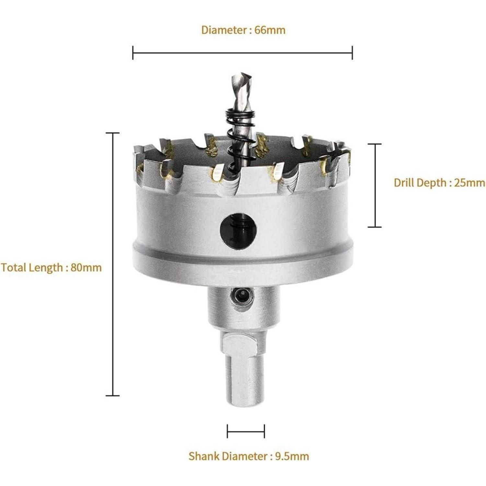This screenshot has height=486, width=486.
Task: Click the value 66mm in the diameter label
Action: (x=270, y=30)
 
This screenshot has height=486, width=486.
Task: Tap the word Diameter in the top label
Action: (x=224, y=30)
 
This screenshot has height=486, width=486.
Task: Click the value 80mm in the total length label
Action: (x=86, y=268)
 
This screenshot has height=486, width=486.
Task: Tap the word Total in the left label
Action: (x=14, y=268)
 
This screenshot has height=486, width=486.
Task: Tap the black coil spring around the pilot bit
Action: (x=240, y=139)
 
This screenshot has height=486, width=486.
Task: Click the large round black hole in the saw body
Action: (x=238, y=231)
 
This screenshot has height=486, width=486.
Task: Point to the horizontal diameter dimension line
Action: (x=242, y=52)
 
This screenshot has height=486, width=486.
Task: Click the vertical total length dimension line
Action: (x=113, y=264)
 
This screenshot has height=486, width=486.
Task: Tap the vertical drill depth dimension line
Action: (x=375, y=185)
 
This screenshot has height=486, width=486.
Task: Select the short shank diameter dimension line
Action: (x=246, y=431)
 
